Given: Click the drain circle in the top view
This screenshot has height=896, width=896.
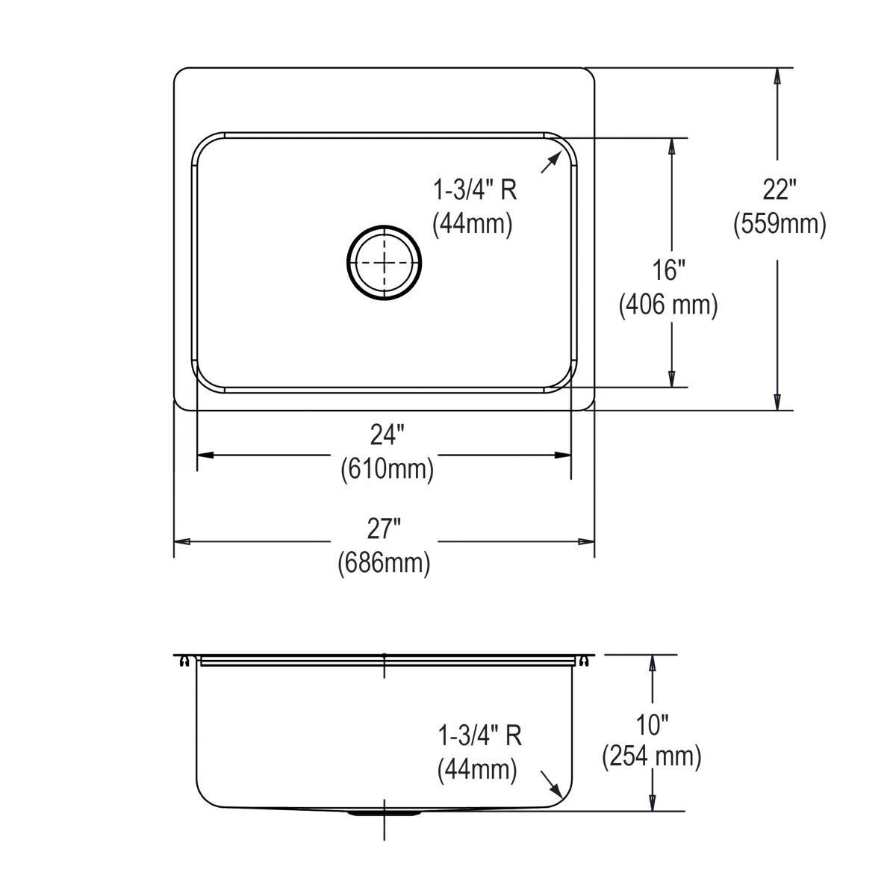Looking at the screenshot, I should pyautogui.click(x=385, y=261).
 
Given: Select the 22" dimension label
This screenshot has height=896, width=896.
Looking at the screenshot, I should pyautogui.click(x=779, y=190).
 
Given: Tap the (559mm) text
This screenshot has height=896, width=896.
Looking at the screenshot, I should pyautogui.click(x=780, y=223).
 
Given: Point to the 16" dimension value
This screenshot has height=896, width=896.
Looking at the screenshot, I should pyautogui.click(x=669, y=270).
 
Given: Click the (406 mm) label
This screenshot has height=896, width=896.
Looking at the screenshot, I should pyautogui.click(x=668, y=305).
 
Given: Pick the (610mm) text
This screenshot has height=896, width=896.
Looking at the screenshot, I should pyautogui.click(x=387, y=469).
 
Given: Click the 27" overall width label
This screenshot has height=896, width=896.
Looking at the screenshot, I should pyautogui.click(x=385, y=529).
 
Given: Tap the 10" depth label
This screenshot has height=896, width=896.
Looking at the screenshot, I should pyautogui.click(x=653, y=724).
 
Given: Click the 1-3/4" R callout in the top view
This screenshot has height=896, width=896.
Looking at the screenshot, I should pyautogui.click(x=475, y=190).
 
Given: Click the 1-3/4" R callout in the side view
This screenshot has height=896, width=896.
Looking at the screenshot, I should pyautogui.click(x=479, y=735).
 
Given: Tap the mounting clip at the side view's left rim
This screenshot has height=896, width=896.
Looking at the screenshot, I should pyautogui.click(x=183, y=660).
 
